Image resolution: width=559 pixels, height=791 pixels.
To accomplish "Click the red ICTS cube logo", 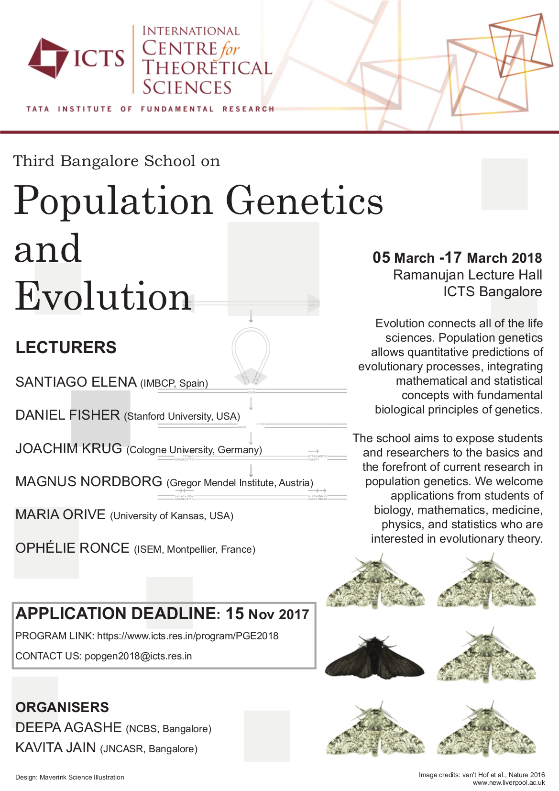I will pyautogui.click(x=48, y=58).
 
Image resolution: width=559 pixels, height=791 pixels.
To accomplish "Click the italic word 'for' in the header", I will pyautogui.click(x=230, y=49).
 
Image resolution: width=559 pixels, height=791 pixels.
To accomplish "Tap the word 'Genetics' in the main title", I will pyautogui.click(x=304, y=201).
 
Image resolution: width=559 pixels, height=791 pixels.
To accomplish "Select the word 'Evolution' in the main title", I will pyautogui.click(x=103, y=296).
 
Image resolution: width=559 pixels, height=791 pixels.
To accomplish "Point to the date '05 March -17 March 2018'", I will pyautogui.click(x=457, y=258).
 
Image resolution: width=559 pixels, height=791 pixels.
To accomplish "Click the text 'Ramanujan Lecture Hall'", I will pyautogui.click(x=467, y=275).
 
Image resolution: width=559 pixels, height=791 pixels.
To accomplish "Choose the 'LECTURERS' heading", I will pyautogui.click(x=66, y=347).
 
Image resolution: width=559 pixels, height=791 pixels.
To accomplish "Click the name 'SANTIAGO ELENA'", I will pyautogui.click(x=76, y=382).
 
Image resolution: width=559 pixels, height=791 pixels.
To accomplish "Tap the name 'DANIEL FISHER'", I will pyautogui.click(x=67, y=415).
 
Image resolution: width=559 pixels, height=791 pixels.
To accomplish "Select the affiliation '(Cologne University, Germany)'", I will pyautogui.click(x=194, y=450).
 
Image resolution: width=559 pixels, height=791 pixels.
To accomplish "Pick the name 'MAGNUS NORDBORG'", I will pyautogui.click(x=88, y=481).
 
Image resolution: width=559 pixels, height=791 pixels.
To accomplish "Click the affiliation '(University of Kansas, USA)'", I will pyautogui.click(x=172, y=516).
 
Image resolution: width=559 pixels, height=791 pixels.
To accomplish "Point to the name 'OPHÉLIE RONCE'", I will pyautogui.click(x=72, y=548).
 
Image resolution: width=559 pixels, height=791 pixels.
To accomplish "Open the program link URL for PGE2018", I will pyautogui.click(x=187, y=636).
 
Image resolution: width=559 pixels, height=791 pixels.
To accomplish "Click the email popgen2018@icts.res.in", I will pyautogui.click(x=138, y=656).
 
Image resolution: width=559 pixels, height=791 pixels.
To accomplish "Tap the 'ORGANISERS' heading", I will pyautogui.click(x=62, y=707).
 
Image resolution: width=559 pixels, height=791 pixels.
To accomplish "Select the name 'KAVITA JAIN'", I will pyautogui.click(x=55, y=747).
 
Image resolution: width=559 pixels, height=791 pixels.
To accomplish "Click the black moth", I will pyautogui.click(x=374, y=657).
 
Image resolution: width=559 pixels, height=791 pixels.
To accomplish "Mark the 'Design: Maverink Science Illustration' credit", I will pyautogui.click(x=70, y=777).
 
